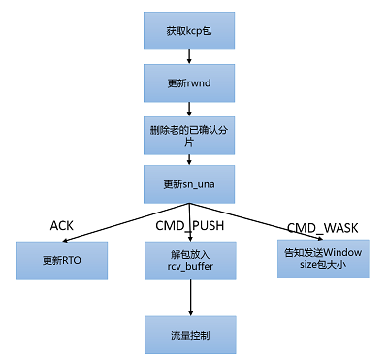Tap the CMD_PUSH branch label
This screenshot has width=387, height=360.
[190, 226]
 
